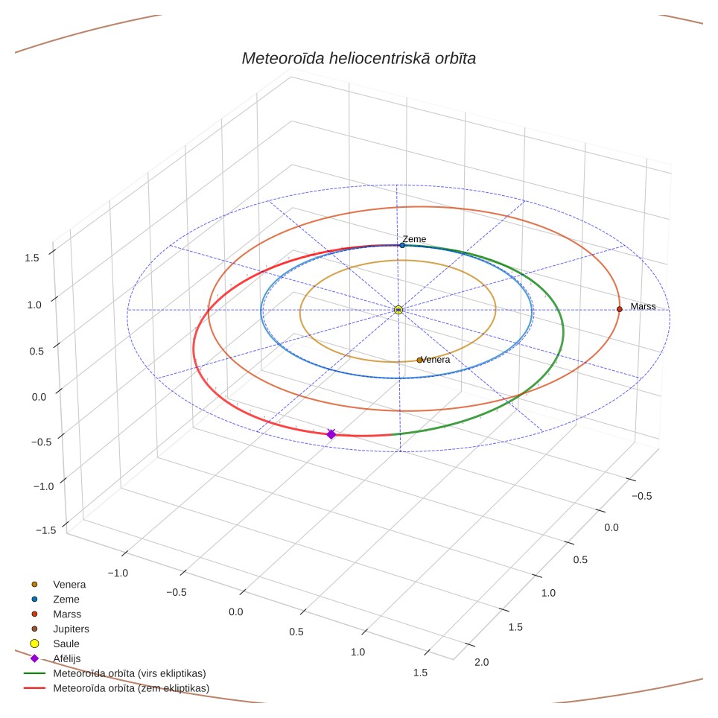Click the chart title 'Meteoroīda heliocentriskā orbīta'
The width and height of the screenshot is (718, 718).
pos(358,59)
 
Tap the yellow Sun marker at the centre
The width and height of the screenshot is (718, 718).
pos(398,310)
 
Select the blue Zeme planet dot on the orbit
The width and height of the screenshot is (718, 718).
pos(402,246)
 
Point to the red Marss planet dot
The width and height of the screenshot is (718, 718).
pos(620,309)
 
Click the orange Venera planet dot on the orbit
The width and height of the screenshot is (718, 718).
pos(419,360)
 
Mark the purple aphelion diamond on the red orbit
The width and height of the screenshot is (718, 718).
pos(331,434)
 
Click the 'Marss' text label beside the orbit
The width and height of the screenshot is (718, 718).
pos(643,306)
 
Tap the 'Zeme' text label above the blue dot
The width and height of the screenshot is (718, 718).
pos(414,239)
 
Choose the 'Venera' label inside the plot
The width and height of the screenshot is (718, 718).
pos(436,360)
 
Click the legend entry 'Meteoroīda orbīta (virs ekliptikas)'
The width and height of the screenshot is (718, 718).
pos(115,673)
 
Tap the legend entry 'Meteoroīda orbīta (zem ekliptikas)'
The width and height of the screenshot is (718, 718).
pos(116,687)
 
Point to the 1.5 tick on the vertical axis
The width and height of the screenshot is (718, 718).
pos(32,258)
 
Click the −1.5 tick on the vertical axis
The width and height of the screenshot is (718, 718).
pos(45,530)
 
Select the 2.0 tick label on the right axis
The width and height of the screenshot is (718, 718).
pos(481,662)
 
